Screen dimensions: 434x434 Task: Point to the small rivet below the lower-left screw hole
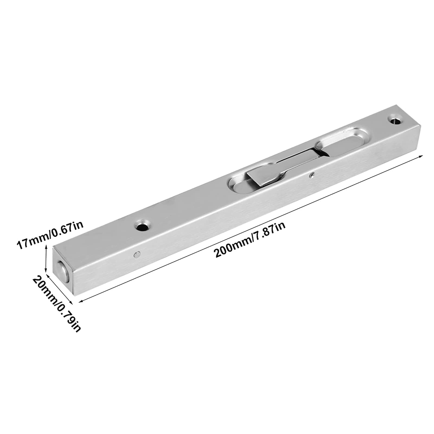tap(137, 254)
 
